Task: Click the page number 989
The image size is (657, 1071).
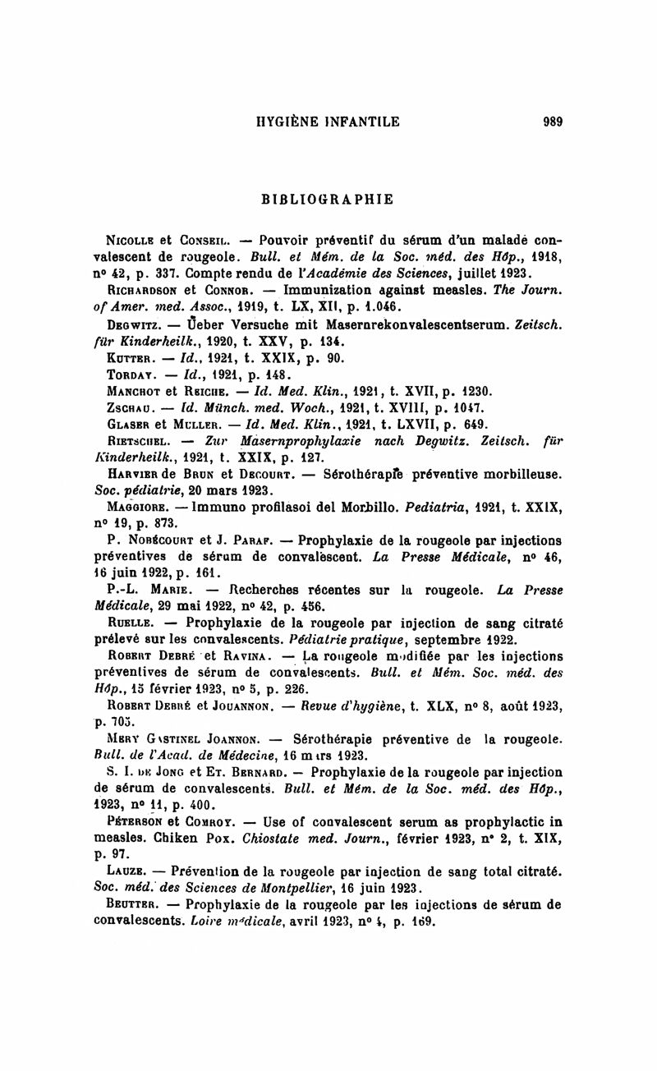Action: coord(552,122)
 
